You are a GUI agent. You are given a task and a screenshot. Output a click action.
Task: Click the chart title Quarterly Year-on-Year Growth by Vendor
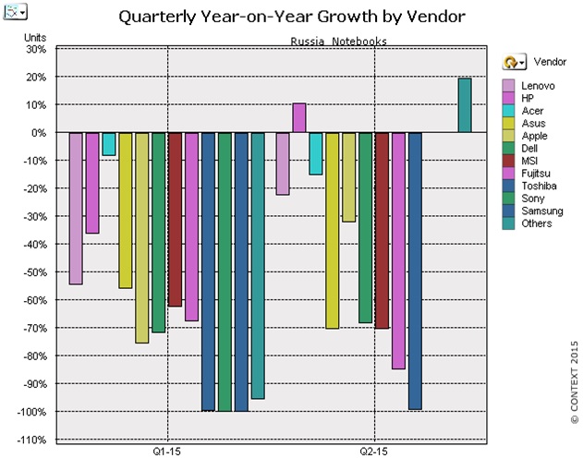[x=290, y=16]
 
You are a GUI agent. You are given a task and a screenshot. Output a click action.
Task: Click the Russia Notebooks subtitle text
[x=338, y=41]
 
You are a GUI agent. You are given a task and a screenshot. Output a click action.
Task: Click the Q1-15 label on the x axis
[x=167, y=452]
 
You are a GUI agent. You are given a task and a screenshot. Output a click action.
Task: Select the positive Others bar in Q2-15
[x=465, y=105]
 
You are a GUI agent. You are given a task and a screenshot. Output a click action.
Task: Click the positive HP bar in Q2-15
[x=299, y=117]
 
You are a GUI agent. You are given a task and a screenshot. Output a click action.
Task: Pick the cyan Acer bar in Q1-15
[x=109, y=144]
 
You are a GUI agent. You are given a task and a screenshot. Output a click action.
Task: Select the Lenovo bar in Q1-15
[x=76, y=208]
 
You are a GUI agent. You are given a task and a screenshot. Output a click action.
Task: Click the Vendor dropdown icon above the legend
[x=514, y=61]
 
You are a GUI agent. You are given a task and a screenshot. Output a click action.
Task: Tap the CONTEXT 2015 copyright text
[x=573, y=381]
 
